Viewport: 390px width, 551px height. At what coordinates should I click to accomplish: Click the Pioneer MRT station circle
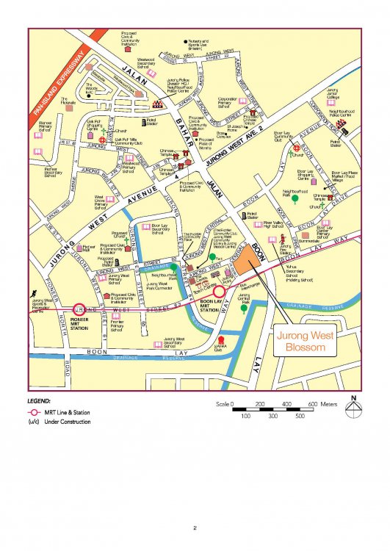tap(79, 310)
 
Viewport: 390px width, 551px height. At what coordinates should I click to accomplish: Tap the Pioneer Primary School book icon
tap(39, 135)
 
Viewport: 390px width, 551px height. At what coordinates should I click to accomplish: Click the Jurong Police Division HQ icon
tap(158, 102)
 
